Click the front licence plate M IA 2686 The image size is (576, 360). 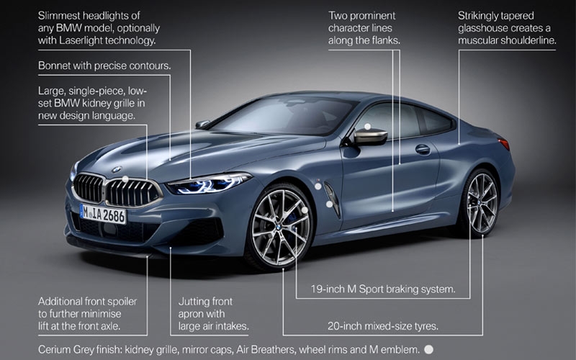click(103, 214)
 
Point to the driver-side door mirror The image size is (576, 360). click(369, 136)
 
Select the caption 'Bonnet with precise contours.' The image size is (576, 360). click(104, 66)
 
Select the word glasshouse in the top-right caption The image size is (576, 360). click(490, 28)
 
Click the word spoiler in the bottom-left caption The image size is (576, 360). click(117, 301)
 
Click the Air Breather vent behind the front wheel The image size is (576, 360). click(331, 198)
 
